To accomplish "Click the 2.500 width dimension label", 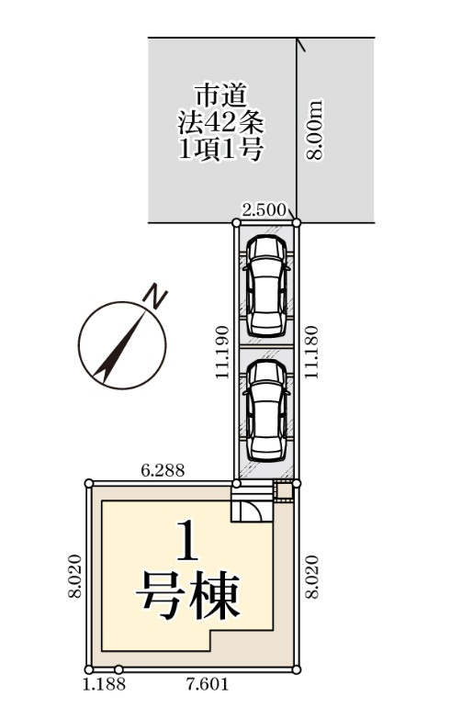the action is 264,210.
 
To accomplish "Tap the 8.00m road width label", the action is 315,129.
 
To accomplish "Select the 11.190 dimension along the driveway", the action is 222,352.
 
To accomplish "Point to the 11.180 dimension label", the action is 311,352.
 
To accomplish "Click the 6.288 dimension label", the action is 163,470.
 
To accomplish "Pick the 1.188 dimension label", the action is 104,685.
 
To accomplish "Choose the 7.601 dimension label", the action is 207,685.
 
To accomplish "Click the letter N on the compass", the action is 154,298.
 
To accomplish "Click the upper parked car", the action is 266,286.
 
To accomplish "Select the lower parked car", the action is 266,410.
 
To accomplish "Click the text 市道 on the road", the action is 221,96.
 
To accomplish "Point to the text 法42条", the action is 220,122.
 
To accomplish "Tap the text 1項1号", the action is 220,149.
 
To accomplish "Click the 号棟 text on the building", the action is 188,595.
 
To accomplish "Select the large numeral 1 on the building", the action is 187,540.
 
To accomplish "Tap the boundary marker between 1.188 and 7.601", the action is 118,669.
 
